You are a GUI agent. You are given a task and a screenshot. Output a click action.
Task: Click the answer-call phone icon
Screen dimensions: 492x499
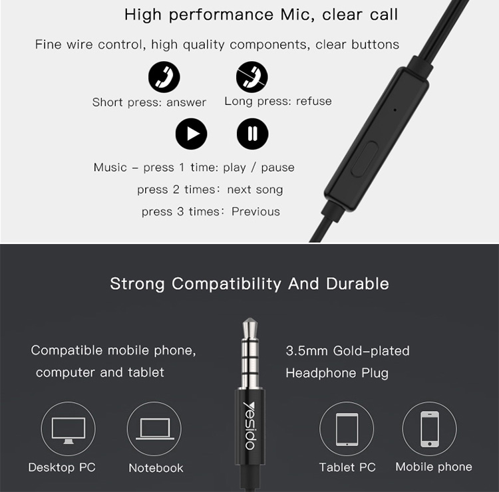click(164, 78)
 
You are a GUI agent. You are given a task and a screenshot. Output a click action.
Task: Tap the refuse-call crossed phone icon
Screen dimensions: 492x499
click(252, 78)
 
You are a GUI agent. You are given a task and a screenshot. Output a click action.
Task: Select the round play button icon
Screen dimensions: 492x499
click(191, 134)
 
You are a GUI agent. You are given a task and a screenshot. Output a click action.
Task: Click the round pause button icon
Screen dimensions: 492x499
click(252, 134)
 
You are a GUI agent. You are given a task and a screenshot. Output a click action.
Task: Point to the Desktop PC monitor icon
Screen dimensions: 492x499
click(69, 430)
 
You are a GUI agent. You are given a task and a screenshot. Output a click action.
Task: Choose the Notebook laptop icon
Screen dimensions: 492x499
click(154, 430)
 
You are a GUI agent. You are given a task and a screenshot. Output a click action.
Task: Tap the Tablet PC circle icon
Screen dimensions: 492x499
click(347, 430)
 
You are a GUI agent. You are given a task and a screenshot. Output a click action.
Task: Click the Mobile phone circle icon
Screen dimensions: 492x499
click(429, 430)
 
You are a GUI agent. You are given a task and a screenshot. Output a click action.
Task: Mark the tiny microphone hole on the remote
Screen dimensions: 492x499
click(395, 110)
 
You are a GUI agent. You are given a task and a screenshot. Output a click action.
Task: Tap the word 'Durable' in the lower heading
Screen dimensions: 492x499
click(357, 283)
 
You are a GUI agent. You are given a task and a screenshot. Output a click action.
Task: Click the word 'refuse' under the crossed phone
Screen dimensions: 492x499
click(313, 101)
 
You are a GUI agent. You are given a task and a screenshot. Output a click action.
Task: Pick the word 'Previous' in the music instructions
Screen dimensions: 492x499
click(255, 211)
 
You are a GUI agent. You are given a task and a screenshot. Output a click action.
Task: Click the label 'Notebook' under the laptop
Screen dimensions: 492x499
click(156, 468)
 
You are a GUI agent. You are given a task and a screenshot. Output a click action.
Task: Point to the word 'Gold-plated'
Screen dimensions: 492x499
click(371, 350)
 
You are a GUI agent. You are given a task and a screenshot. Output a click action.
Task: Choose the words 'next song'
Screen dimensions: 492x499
click(255, 189)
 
